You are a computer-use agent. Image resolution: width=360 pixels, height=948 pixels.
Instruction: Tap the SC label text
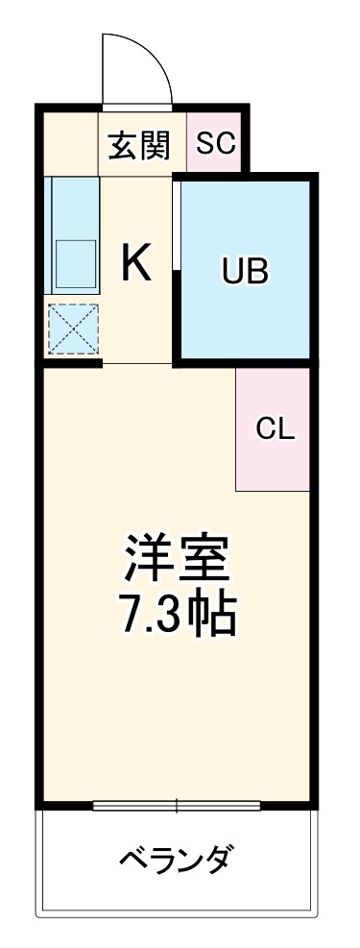[215, 143]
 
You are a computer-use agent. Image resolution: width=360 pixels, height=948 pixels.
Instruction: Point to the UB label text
[246, 273]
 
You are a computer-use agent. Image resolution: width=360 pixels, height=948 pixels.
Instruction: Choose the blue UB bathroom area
[246, 307]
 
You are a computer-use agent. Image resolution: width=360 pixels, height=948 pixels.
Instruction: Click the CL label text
[275, 429]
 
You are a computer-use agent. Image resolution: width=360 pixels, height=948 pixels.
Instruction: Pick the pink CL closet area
[274, 461]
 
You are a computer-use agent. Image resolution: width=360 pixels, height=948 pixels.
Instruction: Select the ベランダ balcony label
[175, 856]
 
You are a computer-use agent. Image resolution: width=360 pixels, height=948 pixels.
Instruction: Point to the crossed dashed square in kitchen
[72, 329]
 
